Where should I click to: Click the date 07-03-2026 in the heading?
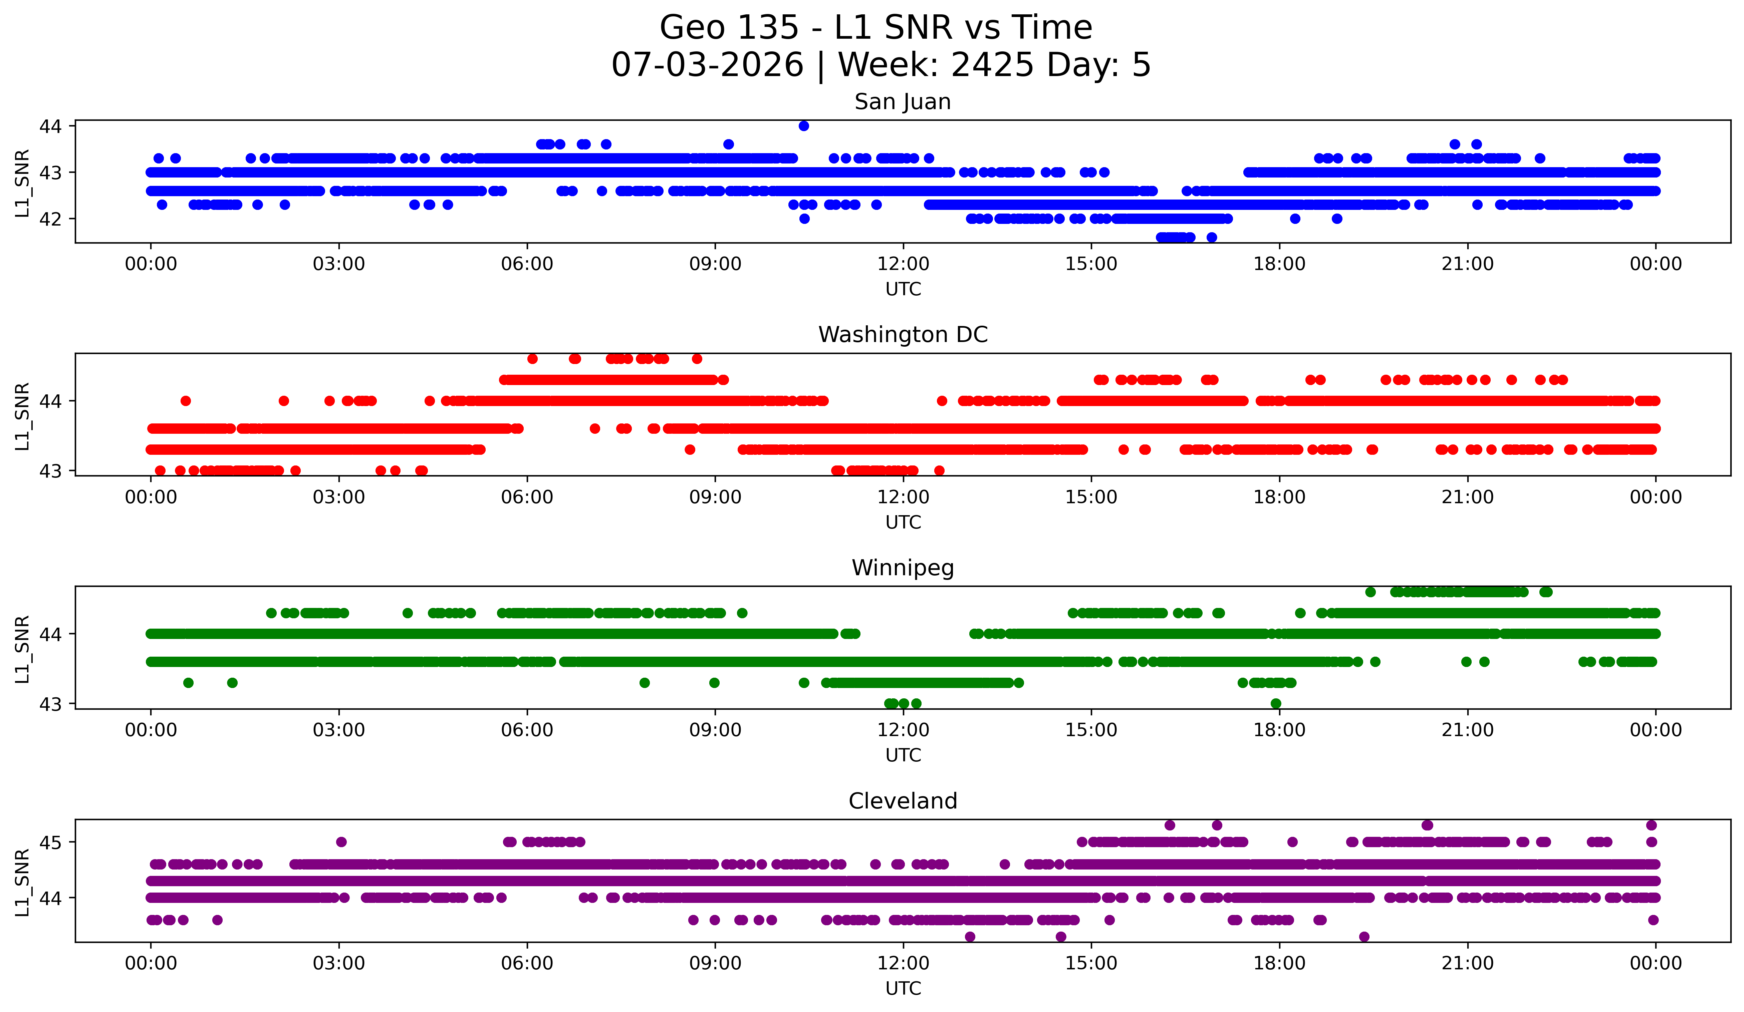pos(707,65)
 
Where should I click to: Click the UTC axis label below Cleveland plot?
pos(903,989)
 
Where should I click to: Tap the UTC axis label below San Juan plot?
pos(903,289)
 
